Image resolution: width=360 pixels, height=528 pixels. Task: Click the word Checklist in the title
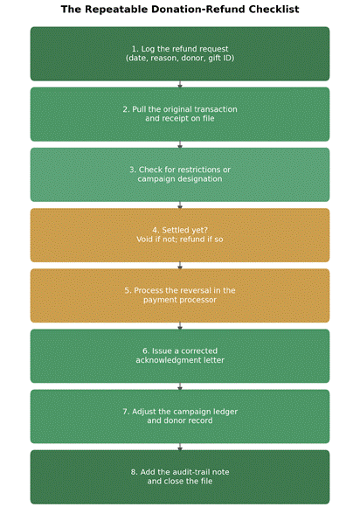[273, 9]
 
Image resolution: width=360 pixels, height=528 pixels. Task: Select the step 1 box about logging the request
[180, 54]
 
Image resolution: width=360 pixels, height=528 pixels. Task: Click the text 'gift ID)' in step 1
[221, 59]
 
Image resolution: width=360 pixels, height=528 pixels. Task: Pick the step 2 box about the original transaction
[180, 115]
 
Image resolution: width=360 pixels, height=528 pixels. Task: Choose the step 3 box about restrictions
[180, 175]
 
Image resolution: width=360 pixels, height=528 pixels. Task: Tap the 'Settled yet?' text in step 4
[185, 230]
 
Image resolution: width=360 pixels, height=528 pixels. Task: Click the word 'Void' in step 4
[143, 240]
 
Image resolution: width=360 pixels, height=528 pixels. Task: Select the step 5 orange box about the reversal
[180, 295]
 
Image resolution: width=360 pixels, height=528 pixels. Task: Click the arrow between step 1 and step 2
[180, 84]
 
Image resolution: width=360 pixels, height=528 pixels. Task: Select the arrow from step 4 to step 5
[180, 266]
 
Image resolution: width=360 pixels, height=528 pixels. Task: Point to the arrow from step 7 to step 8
[180, 447]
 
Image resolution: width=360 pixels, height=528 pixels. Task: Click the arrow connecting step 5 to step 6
[180, 326]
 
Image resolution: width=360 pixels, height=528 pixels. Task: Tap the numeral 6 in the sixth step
[145, 351]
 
